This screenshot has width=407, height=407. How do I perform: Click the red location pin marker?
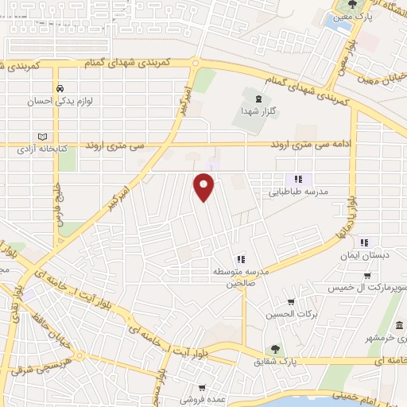coord(205,188)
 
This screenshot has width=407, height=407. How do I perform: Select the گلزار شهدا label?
coord(258,113)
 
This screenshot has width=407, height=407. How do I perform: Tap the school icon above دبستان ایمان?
coord(364,242)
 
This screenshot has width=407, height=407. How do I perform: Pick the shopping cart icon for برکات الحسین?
coord(291,302)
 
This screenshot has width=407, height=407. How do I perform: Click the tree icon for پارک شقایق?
coord(275,348)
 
